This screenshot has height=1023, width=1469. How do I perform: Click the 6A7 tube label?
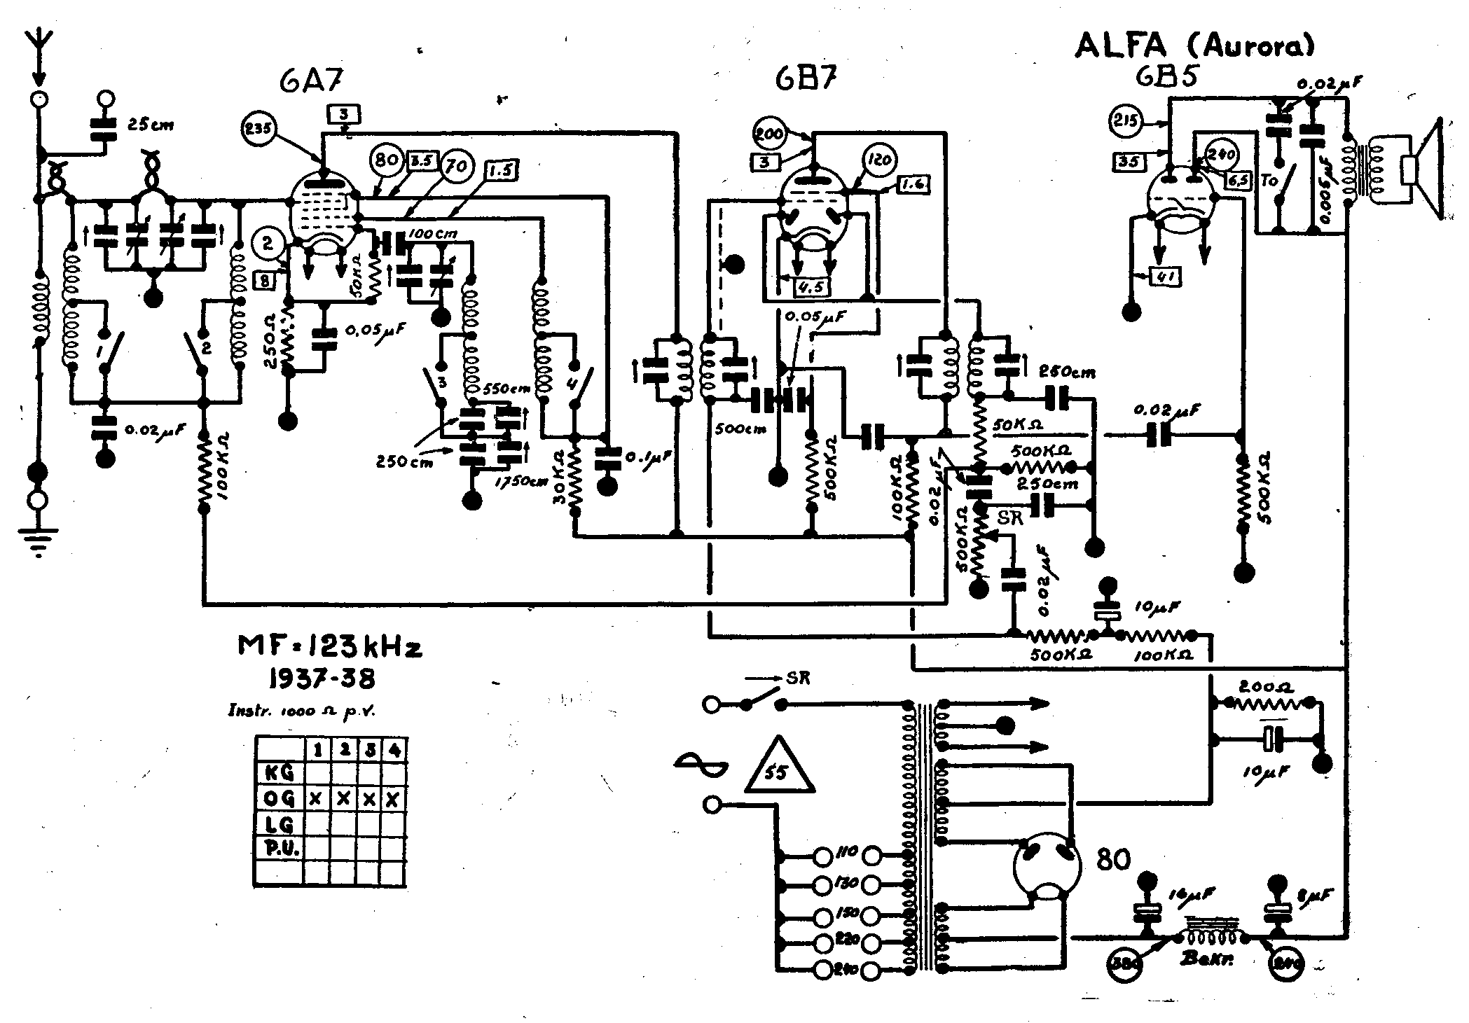[312, 82]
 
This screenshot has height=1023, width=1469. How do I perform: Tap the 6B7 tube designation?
[806, 79]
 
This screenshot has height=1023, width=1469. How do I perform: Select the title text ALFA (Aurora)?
[1195, 46]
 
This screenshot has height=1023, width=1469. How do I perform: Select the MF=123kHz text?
[330, 647]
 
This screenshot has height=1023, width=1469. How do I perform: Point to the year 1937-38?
[322, 678]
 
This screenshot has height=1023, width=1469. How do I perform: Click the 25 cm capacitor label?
[150, 126]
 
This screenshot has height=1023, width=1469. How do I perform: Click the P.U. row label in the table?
[280, 849]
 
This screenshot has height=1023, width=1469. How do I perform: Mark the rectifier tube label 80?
[1113, 859]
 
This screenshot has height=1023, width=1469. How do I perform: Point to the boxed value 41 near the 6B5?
[1166, 278]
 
